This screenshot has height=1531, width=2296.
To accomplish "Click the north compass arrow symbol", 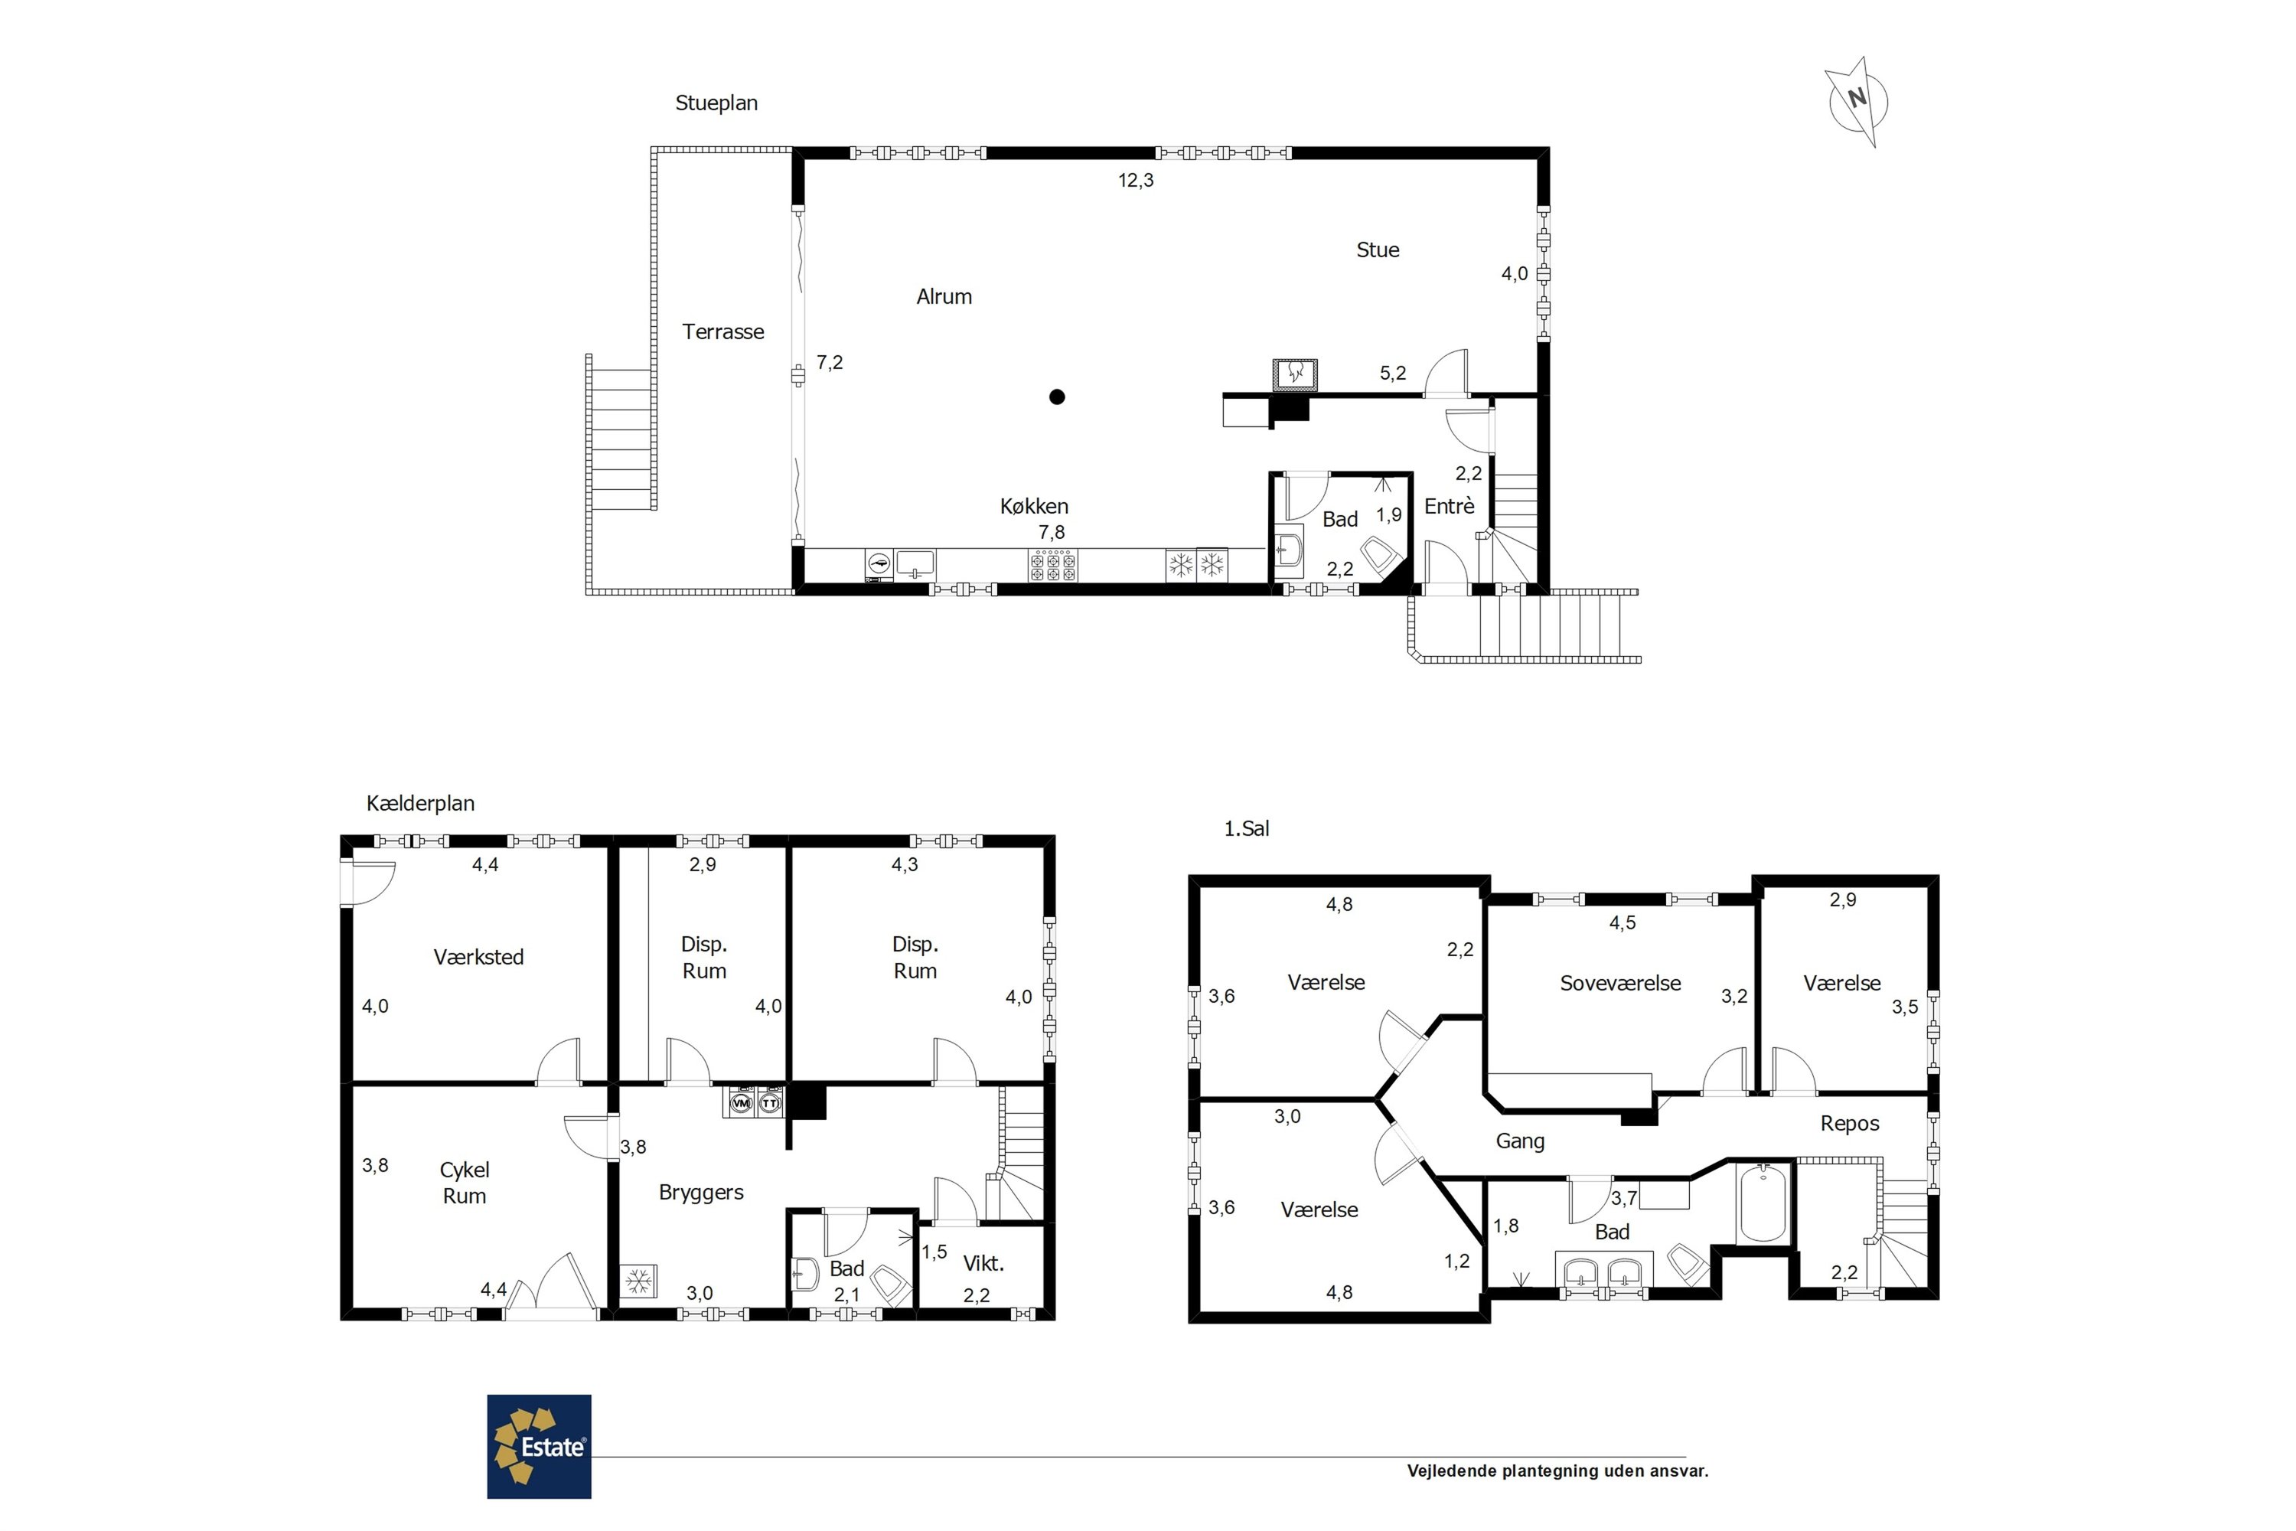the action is pos(1856,102).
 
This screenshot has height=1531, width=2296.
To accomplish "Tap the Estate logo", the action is pos(539,1446).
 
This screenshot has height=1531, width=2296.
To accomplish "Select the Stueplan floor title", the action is pos(716,103).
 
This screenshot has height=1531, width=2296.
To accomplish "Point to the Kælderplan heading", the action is pos(421,804).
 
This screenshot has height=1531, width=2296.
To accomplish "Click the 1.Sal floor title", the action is pos(1247,828).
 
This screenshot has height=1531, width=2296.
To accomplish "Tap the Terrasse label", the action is pos(723,332).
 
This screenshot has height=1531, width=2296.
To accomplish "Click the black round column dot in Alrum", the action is pos(1057,397).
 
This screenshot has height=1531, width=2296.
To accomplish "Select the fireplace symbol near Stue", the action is pos(1296,375).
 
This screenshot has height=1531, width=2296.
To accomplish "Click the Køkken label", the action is pos(1034,506).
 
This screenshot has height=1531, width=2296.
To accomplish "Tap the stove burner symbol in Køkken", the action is pos(1052,566).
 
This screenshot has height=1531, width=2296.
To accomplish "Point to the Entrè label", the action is pos(1449,506).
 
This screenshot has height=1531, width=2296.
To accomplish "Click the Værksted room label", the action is pos(478,957).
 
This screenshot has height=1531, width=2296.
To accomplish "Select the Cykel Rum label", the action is pos(465,1183).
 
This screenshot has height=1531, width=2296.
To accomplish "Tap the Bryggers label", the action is pos(701,1192).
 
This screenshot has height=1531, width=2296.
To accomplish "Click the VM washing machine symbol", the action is pos(741,1103).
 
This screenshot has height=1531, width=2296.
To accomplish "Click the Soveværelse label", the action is pos(1620,983).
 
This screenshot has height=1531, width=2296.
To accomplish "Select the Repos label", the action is pos(1850,1124).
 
